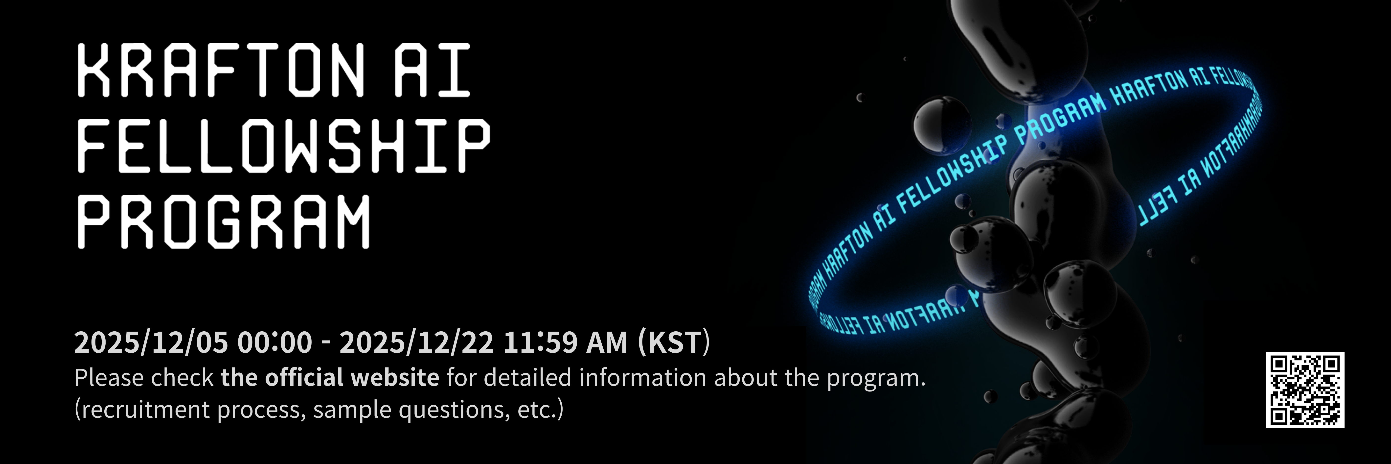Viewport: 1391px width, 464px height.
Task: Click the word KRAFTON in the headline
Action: coord(221,70)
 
